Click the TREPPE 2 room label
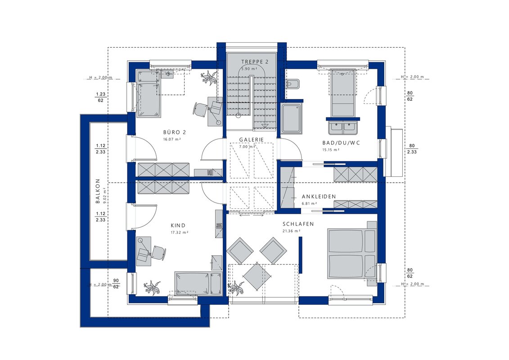(255, 62)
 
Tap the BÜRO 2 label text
(175, 132)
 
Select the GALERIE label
(252, 139)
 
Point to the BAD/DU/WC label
(341, 143)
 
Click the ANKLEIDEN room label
(319, 197)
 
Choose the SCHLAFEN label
(298, 224)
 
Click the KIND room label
(178, 225)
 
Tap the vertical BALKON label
(98, 192)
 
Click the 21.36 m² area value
(292, 231)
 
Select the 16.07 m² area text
(172, 139)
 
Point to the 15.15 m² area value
(331, 150)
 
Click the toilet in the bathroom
(293, 84)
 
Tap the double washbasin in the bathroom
(343, 127)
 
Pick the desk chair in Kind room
(158, 253)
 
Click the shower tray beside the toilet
(292, 119)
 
